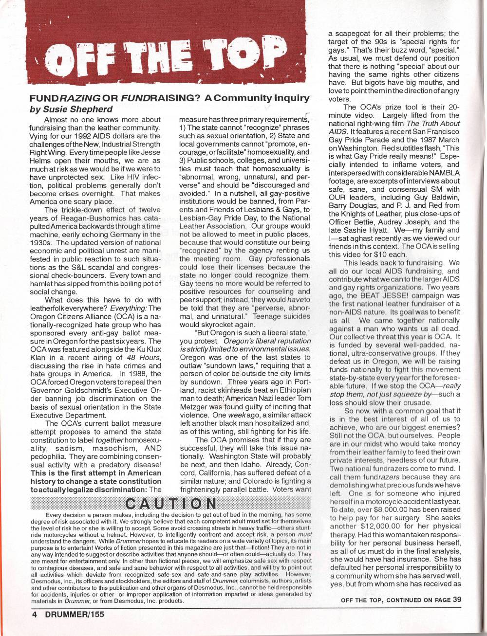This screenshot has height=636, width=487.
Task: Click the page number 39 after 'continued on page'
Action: pyautogui.click(x=456, y=600)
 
